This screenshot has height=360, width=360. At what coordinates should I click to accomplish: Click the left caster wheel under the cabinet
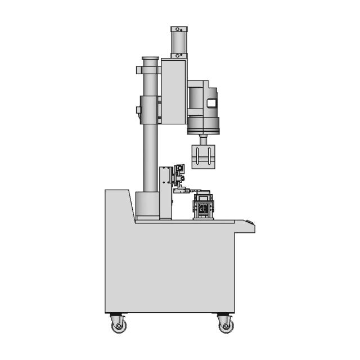(x=118, y=323)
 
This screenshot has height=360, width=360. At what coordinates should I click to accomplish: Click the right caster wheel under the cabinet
(x=225, y=323)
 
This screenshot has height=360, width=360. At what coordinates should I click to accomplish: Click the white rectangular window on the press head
(x=211, y=103)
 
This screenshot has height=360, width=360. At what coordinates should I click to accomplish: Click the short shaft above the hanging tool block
(x=204, y=139)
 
